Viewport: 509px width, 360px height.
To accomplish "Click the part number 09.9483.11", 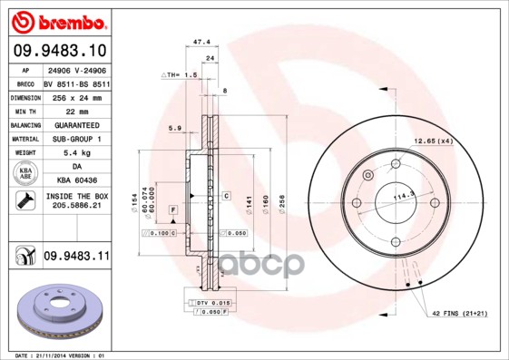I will [75, 258].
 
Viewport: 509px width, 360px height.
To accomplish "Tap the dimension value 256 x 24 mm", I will [75, 96].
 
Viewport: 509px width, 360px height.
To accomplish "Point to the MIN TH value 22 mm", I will [75, 110].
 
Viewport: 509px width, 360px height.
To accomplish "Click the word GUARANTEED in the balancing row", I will [75, 124].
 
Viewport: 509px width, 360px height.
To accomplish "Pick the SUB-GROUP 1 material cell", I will [75, 139].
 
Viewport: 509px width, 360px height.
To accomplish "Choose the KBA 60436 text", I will [75, 181].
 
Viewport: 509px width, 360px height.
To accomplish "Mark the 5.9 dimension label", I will [174, 128].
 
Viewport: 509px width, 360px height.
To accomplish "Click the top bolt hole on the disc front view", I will [396, 164].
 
